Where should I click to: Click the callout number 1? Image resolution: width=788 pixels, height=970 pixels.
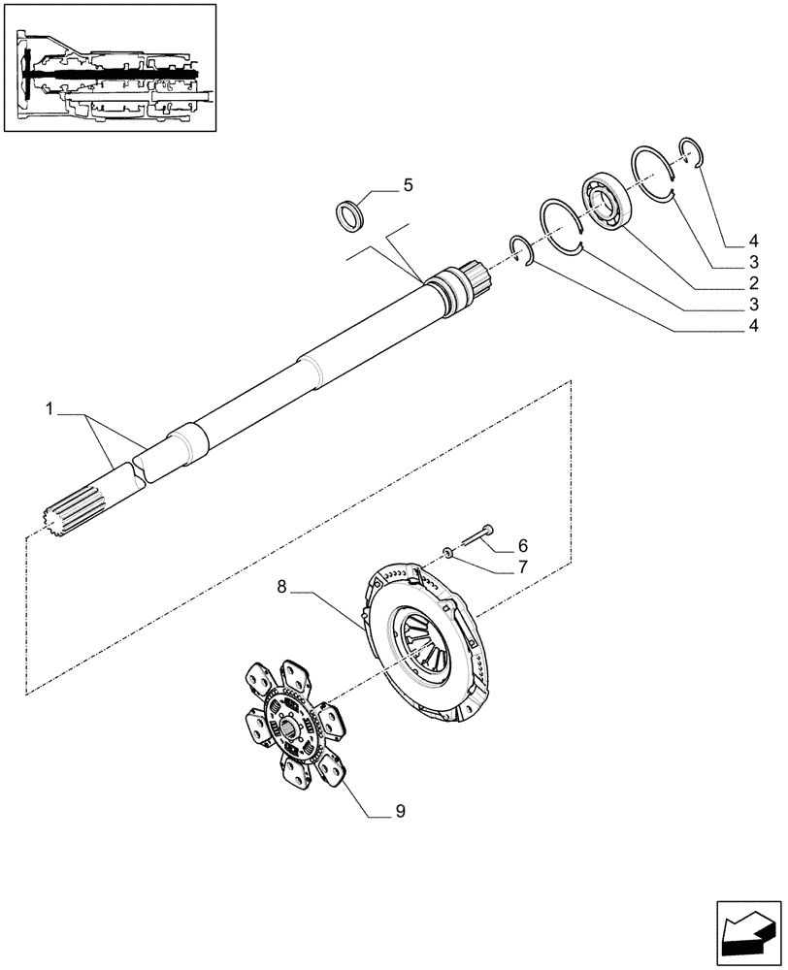[x=49, y=411]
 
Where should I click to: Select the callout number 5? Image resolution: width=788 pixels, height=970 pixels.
[x=408, y=184]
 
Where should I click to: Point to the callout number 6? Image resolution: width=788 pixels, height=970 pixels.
[x=521, y=545]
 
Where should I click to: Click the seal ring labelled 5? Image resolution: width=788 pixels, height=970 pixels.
[x=350, y=214]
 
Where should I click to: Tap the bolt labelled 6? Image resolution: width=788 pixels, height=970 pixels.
[x=478, y=533]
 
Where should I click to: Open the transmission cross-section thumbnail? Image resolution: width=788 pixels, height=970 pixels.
[x=109, y=68]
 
